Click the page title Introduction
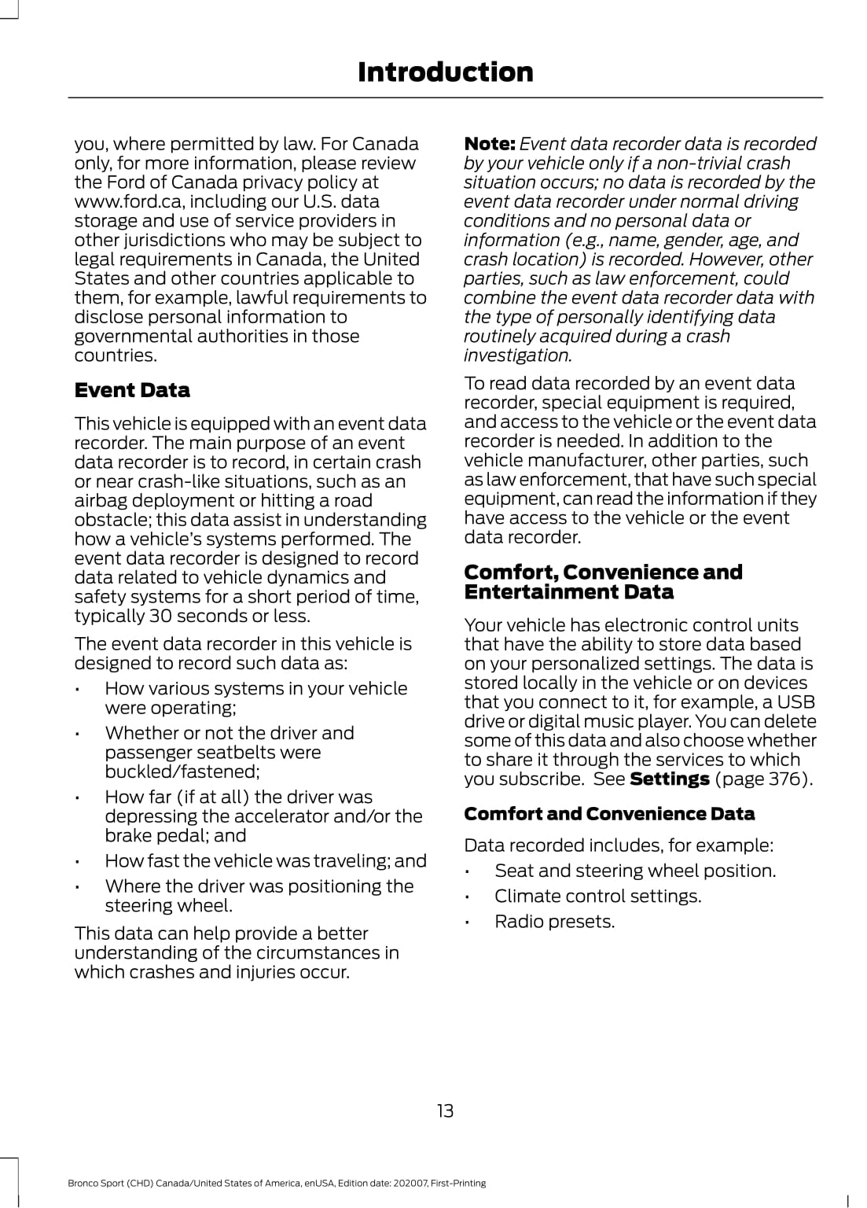445,72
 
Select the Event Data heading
132,390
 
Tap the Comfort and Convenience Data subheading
609,814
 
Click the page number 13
445,1110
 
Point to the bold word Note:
489,144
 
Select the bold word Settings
670,779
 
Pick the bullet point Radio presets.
554,921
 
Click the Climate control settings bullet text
597,896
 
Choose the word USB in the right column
796,702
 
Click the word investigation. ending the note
517,355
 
